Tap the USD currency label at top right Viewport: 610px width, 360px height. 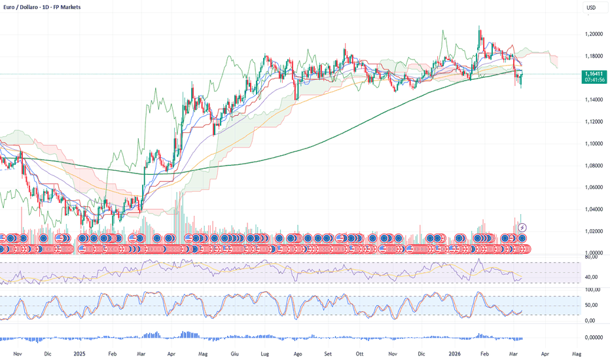click(591, 8)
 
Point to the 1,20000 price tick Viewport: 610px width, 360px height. click(594, 34)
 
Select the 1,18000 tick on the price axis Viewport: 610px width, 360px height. click(594, 56)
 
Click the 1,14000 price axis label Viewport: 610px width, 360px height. click(594, 99)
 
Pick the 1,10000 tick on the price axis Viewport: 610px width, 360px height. click(594, 143)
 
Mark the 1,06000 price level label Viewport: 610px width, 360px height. click(594, 187)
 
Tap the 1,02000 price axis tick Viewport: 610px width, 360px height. click(594, 231)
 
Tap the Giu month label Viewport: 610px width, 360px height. click(236, 353)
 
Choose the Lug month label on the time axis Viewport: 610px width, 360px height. click(266, 353)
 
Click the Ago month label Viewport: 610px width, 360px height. click(298, 353)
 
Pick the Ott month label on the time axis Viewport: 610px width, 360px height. click(361, 353)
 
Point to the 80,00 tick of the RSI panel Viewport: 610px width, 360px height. click(592, 257)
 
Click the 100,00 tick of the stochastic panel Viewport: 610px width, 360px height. click(592, 289)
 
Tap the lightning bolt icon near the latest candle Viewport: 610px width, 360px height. click(522, 227)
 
